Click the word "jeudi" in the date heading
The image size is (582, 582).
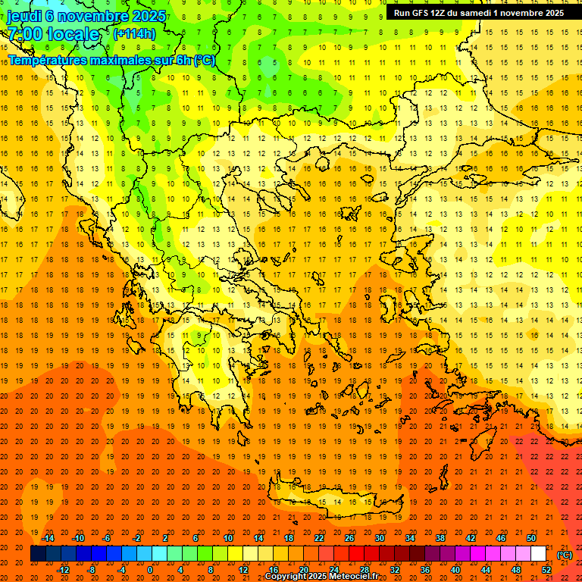(x=23, y=16)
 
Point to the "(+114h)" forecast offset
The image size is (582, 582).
(x=135, y=33)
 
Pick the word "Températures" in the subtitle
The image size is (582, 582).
(x=46, y=60)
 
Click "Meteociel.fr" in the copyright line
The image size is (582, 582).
(x=355, y=577)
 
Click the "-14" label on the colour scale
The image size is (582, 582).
(x=49, y=538)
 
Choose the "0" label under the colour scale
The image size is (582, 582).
(x=149, y=570)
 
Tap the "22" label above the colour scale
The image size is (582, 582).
(x=319, y=538)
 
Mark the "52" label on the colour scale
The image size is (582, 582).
(x=546, y=570)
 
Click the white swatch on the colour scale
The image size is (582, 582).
(x=538, y=554)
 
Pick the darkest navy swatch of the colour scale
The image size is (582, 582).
(x=38, y=554)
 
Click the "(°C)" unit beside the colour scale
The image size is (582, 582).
(x=565, y=555)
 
